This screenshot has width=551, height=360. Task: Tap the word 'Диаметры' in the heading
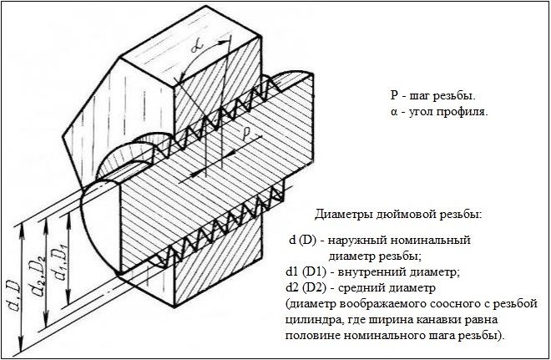click(x=341, y=215)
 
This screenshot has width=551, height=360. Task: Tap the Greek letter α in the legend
click(x=393, y=113)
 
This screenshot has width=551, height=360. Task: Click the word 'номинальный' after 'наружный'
click(x=432, y=241)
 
